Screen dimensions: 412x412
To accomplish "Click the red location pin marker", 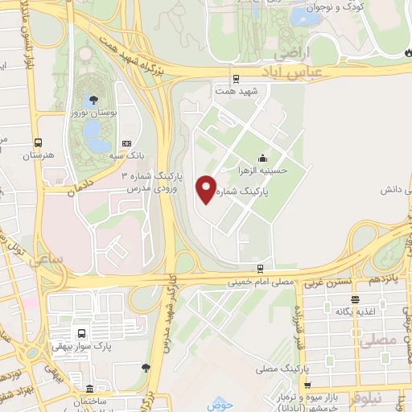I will click(207, 189).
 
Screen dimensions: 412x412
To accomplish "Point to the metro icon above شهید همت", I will click(236, 79).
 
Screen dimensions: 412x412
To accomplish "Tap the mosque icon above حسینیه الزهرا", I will click(261, 159).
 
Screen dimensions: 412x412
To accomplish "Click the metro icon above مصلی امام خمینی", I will click(260, 268).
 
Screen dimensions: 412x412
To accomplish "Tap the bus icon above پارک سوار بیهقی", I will click(81, 333).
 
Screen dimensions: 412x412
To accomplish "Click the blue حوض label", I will click(220, 404).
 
